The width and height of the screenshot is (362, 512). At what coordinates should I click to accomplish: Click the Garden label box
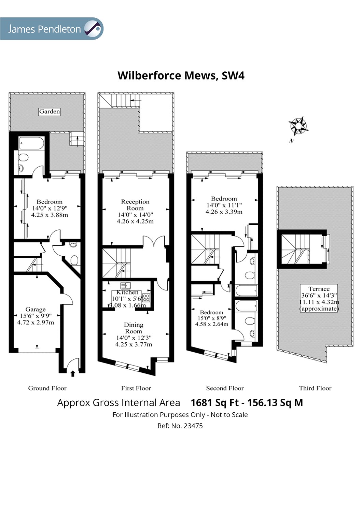click(50, 112)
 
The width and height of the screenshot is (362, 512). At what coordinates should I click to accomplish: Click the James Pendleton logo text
click(44, 29)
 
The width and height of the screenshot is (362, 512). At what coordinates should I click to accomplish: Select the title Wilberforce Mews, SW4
click(181, 75)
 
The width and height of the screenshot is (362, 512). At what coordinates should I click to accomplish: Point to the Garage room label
click(36, 309)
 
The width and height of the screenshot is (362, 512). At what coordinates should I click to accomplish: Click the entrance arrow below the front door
click(73, 373)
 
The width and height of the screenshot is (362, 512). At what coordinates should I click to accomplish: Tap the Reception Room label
click(135, 205)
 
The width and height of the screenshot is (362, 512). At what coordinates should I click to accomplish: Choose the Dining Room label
click(134, 328)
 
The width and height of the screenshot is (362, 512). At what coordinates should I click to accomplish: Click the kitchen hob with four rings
click(146, 298)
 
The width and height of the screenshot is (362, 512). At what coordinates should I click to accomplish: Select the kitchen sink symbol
click(126, 285)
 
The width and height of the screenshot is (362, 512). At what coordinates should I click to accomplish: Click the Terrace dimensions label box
click(319, 299)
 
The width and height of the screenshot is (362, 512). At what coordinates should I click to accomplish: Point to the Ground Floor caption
click(47, 388)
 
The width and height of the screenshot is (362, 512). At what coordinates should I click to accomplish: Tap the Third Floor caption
click(315, 388)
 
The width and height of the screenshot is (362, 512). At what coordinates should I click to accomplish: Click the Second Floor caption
click(225, 388)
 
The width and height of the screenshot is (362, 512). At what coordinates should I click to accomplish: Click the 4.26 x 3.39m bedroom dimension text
click(224, 212)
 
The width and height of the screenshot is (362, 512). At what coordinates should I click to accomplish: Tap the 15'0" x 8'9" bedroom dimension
click(212, 318)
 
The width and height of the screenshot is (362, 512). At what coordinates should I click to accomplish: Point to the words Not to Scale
click(229, 415)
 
